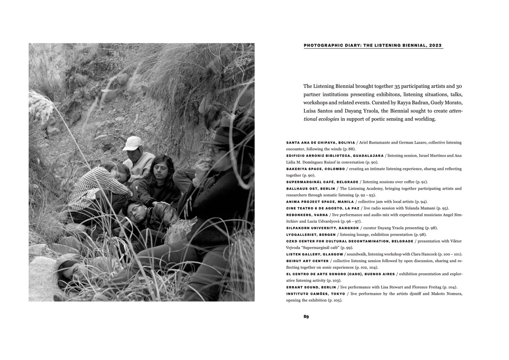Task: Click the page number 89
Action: [306, 317]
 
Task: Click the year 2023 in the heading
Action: [435, 46]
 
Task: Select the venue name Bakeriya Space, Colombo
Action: [315, 169]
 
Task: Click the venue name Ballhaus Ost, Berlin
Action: [311, 189]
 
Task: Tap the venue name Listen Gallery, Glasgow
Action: [315, 254]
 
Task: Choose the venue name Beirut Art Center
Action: [307, 261]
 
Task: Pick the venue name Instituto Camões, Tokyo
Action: [315, 294]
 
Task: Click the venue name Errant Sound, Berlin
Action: [311, 287]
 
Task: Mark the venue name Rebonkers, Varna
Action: [307, 215]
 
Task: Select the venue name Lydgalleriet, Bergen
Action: [311, 235]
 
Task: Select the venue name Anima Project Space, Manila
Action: [320, 202]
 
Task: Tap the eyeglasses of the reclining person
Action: [135, 210]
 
